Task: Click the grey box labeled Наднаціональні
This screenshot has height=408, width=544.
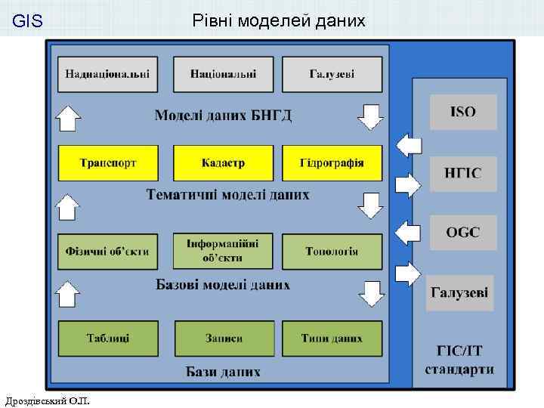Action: [107, 74]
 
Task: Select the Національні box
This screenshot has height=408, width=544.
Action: [223, 74]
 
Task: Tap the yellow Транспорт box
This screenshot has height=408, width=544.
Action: [107, 162]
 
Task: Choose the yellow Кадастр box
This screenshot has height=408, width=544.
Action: [223, 162]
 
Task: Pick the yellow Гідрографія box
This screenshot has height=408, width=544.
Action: [332, 162]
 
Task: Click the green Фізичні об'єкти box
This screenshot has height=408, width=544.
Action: [107, 251]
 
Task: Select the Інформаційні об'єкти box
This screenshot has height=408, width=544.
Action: [223, 251]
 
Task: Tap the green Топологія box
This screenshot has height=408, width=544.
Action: [332, 251]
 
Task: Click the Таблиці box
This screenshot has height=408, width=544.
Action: [107, 338]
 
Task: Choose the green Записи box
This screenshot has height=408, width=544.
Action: [223, 338]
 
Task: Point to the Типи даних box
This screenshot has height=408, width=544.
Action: [332, 338]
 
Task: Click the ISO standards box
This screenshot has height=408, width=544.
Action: [463, 112]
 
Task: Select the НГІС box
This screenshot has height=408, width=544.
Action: [463, 174]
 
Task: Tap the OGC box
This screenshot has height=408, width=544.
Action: [463, 232]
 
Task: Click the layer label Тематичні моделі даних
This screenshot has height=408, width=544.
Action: [227, 195]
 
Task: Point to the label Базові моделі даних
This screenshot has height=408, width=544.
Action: [223, 286]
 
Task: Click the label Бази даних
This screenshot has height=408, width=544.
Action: [223, 372]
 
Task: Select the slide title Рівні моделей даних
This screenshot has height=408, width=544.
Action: [279, 21]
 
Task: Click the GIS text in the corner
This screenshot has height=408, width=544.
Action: [28, 22]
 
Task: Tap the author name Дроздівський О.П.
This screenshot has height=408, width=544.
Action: [47, 399]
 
